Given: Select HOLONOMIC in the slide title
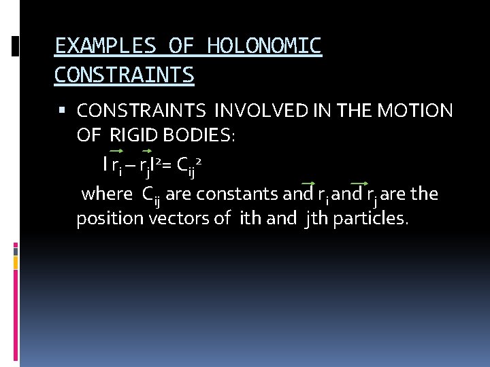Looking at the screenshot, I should [264, 46].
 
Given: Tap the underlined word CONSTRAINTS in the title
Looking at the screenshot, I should [124, 74].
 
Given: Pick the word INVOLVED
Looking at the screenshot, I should [254, 111].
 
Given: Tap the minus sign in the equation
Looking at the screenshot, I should [129, 164].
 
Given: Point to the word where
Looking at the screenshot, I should [107, 194].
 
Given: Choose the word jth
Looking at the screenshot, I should [318, 219].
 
